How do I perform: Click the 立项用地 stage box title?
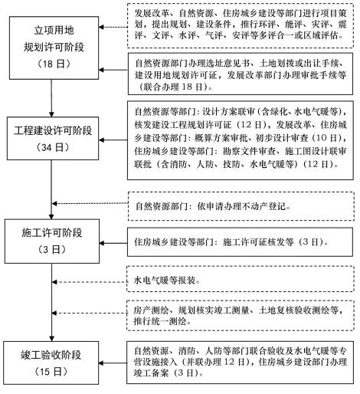click(x=54, y=31)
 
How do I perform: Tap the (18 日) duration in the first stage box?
click(x=54, y=64)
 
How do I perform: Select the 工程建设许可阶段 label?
click(x=53, y=130)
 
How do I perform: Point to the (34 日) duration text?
click(x=53, y=147)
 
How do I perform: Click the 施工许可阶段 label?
click(x=52, y=233)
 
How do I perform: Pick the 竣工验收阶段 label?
click(x=51, y=355)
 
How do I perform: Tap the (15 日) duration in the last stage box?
click(x=51, y=372)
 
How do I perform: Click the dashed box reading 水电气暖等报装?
click(x=241, y=279)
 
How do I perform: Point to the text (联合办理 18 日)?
click(x=172, y=87)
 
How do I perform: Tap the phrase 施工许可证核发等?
click(x=258, y=241)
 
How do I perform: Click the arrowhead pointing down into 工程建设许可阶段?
click(x=51, y=114)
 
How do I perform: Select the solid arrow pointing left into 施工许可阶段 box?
click(x=113, y=243)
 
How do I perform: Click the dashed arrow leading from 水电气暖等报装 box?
click(x=90, y=282)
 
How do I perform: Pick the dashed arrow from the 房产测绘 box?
click(x=90, y=313)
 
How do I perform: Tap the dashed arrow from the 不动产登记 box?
click(x=90, y=204)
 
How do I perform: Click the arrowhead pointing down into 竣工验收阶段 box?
click(x=52, y=338)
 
